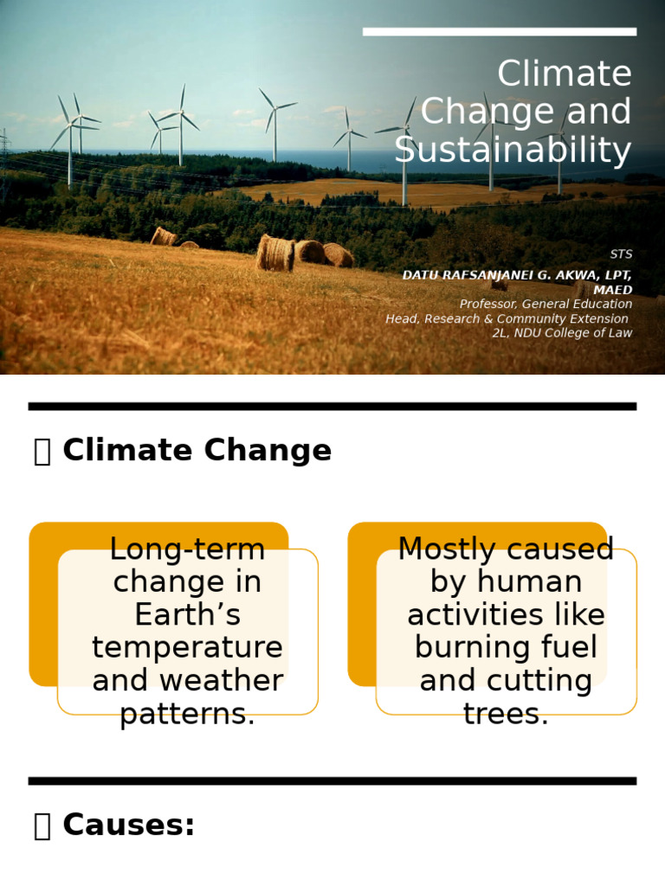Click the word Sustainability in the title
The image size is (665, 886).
(x=513, y=151)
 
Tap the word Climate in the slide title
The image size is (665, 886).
(x=564, y=74)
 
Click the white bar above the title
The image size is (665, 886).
(x=499, y=32)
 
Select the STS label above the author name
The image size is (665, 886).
(x=620, y=254)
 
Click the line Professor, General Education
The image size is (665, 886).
(x=545, y=305)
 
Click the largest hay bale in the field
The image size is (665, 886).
(x=274, y=253)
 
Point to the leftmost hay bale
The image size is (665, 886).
(x=163, y=236)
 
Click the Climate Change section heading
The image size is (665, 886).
(x=197, y=451)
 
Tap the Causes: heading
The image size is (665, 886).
(x=128, y=825)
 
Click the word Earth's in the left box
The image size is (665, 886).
(x=187, y=615)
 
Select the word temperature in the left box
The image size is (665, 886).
(x=187, y=648)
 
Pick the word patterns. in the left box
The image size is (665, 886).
(x=187, y=715)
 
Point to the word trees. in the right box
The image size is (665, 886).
(x=506, y=715)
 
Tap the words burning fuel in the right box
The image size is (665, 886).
(x=506, y=648)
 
